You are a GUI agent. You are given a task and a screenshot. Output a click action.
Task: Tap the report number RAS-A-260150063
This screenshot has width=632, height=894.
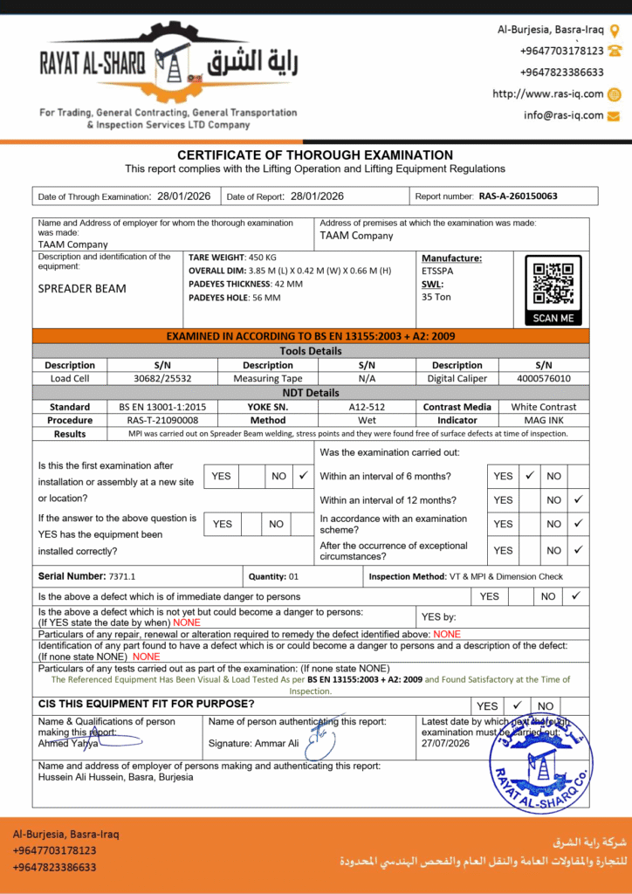[x=518, y=196]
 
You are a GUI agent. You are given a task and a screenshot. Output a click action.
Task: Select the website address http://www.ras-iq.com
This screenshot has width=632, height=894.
[x=547, y=94]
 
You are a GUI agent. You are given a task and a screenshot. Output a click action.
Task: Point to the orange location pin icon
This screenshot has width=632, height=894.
[x=615, y=30]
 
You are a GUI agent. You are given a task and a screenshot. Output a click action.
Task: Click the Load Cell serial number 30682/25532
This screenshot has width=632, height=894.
[x=162, y=379]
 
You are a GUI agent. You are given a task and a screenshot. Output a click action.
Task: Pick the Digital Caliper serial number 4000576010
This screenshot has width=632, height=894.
[x=543, y=379]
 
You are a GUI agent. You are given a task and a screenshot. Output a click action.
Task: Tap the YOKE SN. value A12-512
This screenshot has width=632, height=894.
[x=368, y=407]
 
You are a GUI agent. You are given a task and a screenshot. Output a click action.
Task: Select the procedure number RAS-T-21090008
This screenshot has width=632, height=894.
[x=156, y=420]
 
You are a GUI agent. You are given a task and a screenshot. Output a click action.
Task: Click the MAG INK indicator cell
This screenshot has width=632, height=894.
[x=543, y=420]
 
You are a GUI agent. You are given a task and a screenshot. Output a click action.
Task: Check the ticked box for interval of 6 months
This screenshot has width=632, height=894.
[x=529, y=476]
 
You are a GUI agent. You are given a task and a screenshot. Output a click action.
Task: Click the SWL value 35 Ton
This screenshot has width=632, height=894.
[x=436, y=297]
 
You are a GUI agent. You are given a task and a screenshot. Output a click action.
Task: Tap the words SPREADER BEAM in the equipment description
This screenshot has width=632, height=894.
[x=82, y=289]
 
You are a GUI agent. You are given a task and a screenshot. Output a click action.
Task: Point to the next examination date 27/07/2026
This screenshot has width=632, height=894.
[x=445, y=743]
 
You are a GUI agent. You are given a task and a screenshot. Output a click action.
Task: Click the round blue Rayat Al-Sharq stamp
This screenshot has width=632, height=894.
[x=540, y=760]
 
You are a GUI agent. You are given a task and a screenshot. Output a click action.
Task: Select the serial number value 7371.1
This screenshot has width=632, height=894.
[x=122, y=577]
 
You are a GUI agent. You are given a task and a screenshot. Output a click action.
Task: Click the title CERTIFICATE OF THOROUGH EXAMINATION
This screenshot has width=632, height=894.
[x=315, y=155]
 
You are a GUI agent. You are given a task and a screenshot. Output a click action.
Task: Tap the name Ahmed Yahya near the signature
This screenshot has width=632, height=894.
[x=66, y=744]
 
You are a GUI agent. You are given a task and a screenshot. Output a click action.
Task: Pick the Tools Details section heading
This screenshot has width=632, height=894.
[x=311, y=351]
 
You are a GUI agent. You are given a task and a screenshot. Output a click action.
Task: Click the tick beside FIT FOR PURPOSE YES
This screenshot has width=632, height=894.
[x=517, y=705]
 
